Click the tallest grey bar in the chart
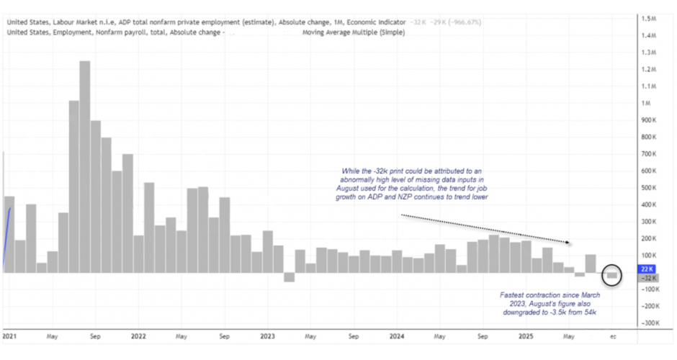[84, 166]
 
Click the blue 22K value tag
[646, 268]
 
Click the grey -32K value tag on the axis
[646, 278]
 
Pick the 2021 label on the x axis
[9, 336]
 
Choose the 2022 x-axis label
[138, 336]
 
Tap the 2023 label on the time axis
[267, 336]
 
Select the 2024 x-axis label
[396, 336]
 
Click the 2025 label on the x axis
[525, 336]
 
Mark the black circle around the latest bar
[612, 274]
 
